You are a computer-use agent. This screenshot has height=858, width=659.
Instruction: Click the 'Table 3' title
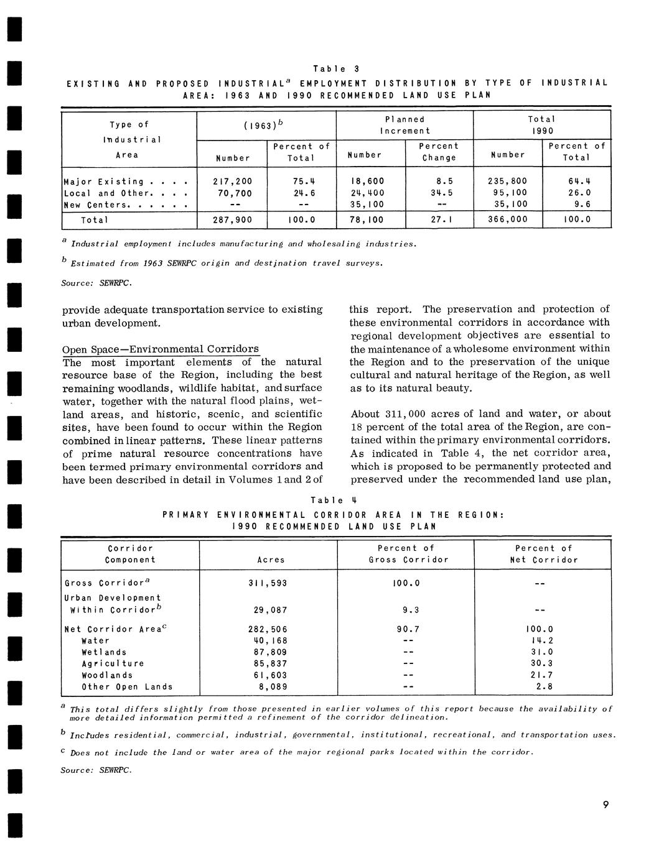[336, 68]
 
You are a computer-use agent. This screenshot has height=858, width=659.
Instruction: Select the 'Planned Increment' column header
[404, 125]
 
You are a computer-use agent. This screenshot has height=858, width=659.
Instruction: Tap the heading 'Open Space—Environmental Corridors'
[161, 349]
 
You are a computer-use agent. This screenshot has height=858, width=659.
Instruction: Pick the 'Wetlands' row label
[104, 652]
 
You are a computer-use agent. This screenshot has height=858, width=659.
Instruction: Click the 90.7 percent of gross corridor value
[408, 629]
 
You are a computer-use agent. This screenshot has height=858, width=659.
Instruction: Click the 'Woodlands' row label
[107, 675]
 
